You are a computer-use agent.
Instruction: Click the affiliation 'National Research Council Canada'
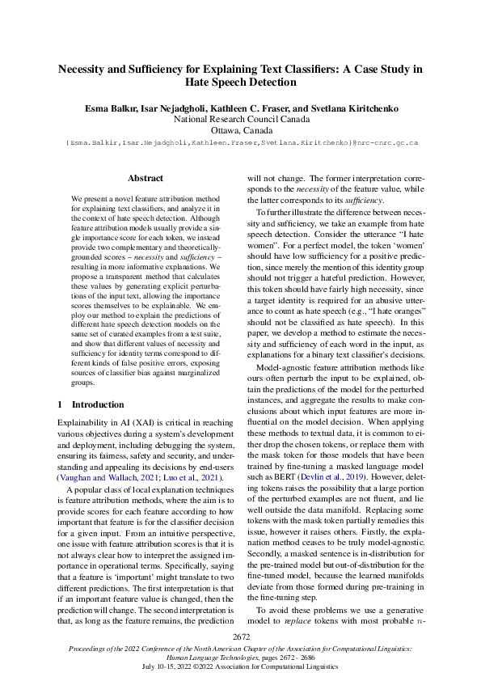tap(240, 118)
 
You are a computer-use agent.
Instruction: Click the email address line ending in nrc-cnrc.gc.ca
tap(240, 142)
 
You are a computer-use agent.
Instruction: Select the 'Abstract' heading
tap(146, 178)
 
